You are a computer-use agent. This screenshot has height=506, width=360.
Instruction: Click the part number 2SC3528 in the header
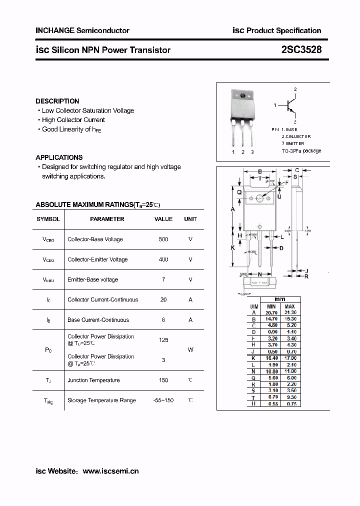coord(301,50)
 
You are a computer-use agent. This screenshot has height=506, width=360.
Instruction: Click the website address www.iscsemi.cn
coord(110,471)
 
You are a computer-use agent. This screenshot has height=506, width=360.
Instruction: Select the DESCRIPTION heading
coord(57,101)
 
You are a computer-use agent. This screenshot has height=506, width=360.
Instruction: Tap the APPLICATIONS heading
coord(59,157)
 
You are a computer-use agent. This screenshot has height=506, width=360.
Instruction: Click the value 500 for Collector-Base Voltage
coord(163,239)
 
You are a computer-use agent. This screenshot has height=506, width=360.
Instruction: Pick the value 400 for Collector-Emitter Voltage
coord(163,259)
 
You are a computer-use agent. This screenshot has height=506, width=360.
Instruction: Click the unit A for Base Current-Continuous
coord(190,320)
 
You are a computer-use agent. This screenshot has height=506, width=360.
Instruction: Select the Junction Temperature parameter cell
coord(93,380)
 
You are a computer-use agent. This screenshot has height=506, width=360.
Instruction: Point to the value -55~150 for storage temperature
coord(163,400)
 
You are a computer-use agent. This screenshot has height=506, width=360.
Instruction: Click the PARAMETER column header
coord(107,219)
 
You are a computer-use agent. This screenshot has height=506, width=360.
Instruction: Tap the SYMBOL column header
coord(48,219)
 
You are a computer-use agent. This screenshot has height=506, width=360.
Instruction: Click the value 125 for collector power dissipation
coord(163,340)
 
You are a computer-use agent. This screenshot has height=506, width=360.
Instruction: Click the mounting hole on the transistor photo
coord(243,95)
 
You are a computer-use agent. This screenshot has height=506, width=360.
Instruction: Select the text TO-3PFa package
coord(301,151)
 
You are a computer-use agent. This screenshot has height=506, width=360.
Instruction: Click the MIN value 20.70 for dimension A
coord(271,312)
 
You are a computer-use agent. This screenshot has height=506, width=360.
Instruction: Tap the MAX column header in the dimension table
coord(290,306)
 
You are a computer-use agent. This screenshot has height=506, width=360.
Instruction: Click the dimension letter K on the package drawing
coord(232,247)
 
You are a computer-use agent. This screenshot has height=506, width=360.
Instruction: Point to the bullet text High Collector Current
coord(73,120)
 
